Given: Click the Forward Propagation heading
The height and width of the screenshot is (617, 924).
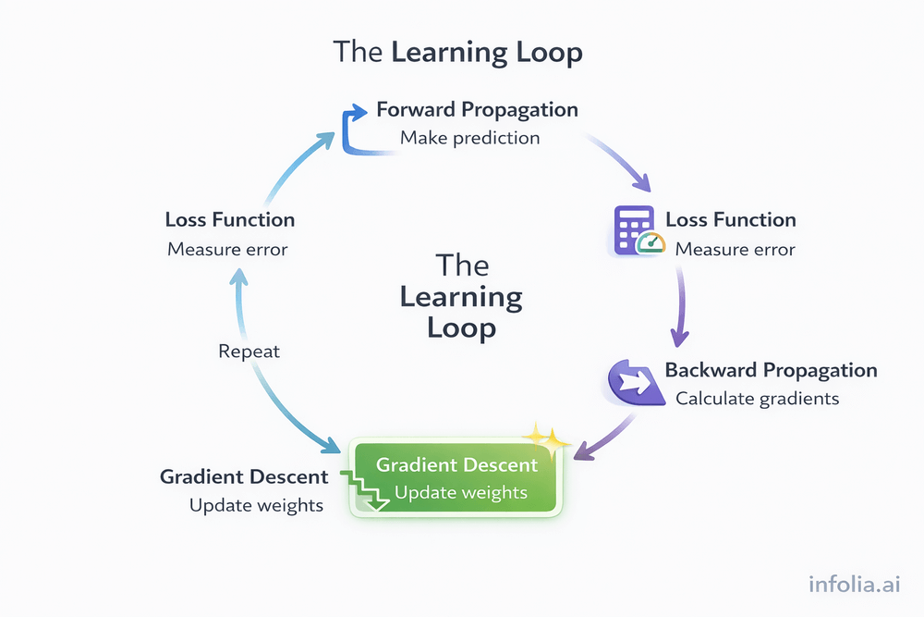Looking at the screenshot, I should point(477,110).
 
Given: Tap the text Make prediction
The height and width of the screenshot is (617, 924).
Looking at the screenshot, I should point(469,138).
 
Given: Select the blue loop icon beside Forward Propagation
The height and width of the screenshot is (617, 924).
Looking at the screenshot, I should point(355,130).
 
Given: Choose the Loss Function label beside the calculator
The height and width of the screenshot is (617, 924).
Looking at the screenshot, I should point(730,220).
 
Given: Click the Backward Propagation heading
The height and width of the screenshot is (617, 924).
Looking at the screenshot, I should point(771,370).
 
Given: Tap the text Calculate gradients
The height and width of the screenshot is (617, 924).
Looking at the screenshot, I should point(757,399).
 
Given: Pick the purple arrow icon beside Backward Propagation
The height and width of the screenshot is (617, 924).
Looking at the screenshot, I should point(632,380).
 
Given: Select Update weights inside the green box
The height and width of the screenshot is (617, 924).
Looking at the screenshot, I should point(460,492).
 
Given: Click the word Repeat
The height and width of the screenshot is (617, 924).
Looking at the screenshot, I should point(249,352).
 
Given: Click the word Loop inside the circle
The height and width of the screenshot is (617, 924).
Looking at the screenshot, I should point(461,328).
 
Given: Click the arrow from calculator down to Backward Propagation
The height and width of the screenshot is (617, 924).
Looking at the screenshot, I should point(682,305).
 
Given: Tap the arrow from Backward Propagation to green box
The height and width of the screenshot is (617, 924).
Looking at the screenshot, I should point(605,435).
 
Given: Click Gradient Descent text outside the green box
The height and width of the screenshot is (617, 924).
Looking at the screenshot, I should point(244,477).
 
